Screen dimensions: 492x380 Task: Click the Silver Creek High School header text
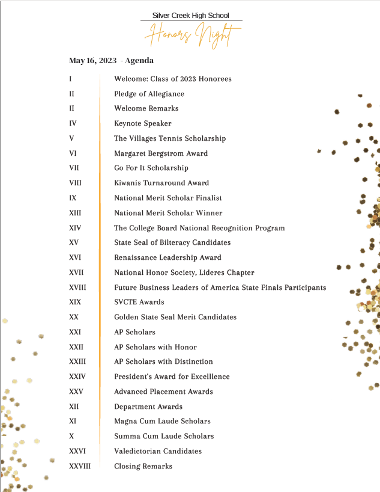pos(191,16)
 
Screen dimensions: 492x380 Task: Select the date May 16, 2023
pos(92,61)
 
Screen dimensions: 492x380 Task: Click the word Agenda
pos(139,61)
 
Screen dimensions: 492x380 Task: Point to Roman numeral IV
pos(73,123)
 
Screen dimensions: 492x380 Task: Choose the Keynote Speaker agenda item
pos(143,123)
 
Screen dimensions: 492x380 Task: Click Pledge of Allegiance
pos(149,94)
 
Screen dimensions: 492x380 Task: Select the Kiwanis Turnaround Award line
pos(161,183)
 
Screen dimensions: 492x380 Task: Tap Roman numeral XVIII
pos(77,288)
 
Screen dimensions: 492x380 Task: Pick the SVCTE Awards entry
pos(139,302)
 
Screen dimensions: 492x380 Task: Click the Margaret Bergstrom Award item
pos(161,153)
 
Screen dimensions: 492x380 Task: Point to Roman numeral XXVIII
pos(80,466)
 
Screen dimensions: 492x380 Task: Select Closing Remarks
pos(143,466)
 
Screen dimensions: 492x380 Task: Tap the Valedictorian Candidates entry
pos(158,451)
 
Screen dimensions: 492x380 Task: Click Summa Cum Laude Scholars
pos(164,436)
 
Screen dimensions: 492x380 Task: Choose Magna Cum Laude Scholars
pos(162,421)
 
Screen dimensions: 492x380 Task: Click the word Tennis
pos(170,138)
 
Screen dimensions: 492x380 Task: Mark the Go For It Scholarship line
pos(151,168)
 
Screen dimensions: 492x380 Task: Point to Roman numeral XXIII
pos(77,361)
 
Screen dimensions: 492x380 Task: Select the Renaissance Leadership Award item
pos(167,257)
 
